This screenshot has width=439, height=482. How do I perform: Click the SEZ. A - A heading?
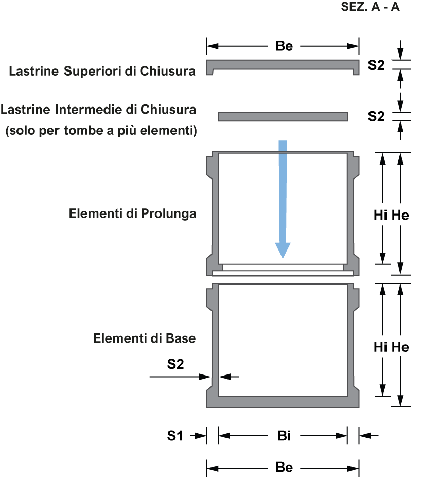pyautogui.click(x=370, y=8)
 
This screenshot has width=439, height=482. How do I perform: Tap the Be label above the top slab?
pyautogui.click(x=284, y=46)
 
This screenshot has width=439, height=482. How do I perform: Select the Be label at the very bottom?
pyautogui.click(x=284, y=468)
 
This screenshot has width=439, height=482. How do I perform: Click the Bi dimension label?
pyautogui.click(x=284, y=437)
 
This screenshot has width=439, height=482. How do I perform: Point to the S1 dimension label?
pyautogui.click(x=175, y=437)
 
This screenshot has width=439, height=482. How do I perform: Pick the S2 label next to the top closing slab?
pyautogui.click(x=376, y=66)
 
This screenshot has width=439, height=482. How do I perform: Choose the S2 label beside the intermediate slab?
pyautogui.click(x=376, y=117)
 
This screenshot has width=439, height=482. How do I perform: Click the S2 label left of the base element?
pyautogui.click(x=175, y=365)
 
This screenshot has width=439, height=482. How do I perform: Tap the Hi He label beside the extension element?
pyautogui.click(x=391, y=216)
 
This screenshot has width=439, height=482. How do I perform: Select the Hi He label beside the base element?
pyautogui.click(x=391, y=348)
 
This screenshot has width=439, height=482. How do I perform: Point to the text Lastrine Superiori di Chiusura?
pyautogui.click(x=102, y=72)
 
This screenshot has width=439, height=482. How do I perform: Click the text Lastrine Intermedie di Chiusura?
pyautogui.click(x=98, y=110)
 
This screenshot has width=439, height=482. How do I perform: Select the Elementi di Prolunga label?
pyautogui.click(x=133, y=213)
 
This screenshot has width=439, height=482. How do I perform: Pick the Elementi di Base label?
pyautogui.click(x=145, y=340)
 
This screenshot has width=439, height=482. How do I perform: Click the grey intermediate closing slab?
pyautogui.click(x=283, y=117)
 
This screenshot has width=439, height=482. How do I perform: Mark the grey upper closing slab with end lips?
pyautogui.click(x=283, y=65)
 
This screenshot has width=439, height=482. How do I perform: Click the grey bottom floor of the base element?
pyautogui.click(x=283, y=402)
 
